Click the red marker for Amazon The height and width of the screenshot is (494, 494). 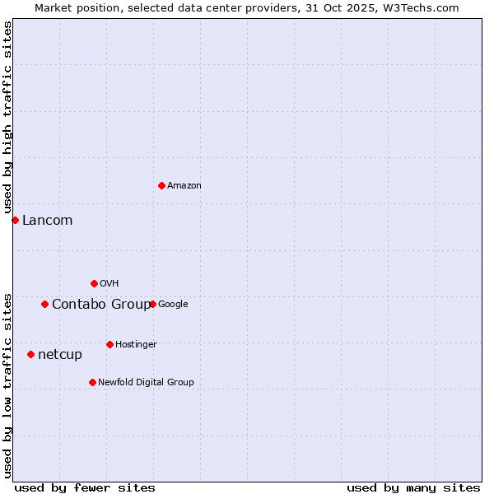(x=161, y=185)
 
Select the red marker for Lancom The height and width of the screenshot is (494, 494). (x=15, y=220)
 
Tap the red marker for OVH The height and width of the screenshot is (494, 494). (x=94, y=283)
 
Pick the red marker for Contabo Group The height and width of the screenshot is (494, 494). (x=44, y=304)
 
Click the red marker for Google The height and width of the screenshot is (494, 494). (x=152, y=304)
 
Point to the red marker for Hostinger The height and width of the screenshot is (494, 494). (x=110, y=344)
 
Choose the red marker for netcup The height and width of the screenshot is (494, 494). (x=30, y=354)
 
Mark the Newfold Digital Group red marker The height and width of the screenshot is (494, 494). (x=92, y=382)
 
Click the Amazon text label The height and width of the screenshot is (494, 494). (x=184, y=186)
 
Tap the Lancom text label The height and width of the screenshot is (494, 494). (x=47, y=221)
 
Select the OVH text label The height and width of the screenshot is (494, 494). (x=110, y=284)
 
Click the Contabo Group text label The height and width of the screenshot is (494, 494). (x=101, y=305)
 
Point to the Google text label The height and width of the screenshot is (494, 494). (x=173, y=305)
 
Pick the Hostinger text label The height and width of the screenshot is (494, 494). (x=136, y=345)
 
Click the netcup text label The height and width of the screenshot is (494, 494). (x=60, y=355)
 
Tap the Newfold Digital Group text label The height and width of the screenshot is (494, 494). (x=146, y=383)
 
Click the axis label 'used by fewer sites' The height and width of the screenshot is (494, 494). (x=85, y=487)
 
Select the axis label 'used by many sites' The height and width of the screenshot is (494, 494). (x=413, y=487)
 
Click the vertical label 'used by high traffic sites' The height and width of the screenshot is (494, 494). (x=7, y=117)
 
